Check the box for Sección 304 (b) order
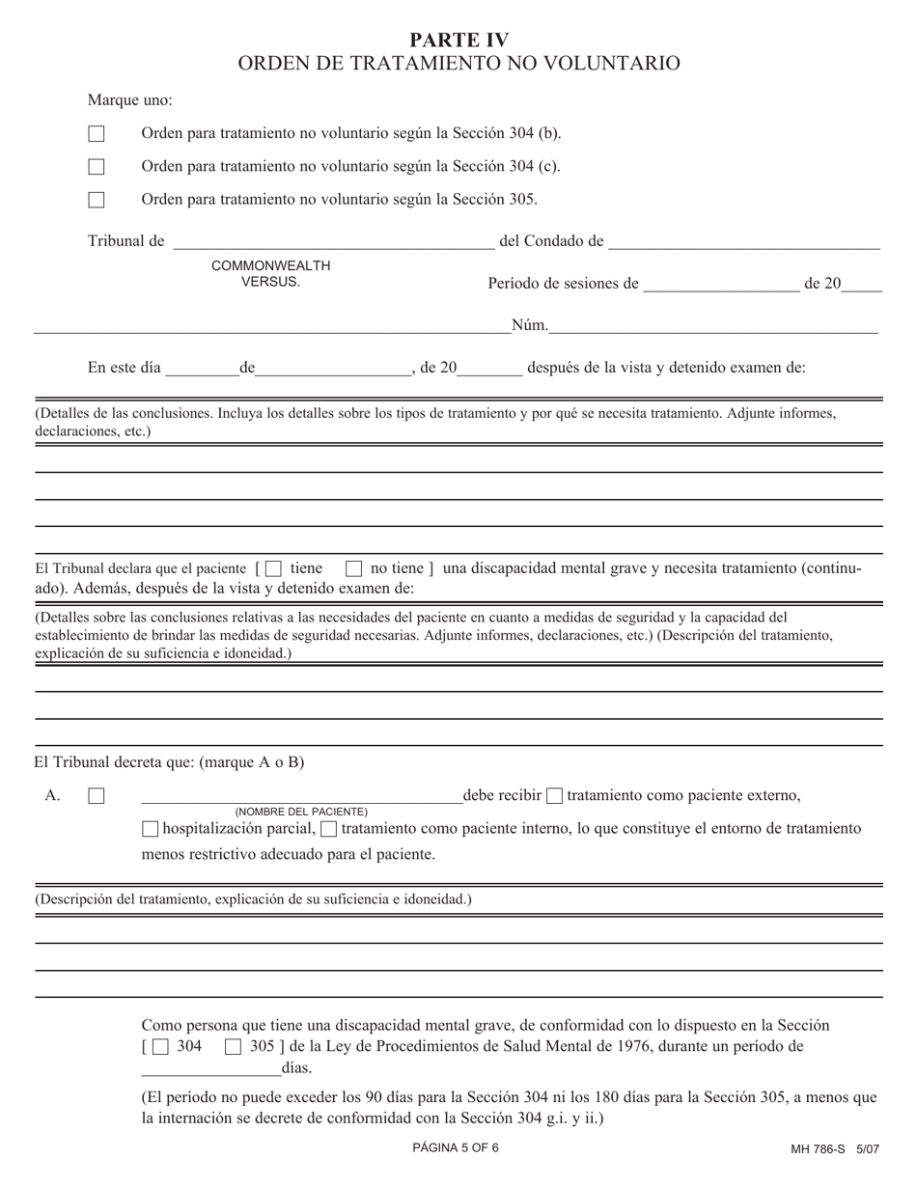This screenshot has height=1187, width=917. point(97,134)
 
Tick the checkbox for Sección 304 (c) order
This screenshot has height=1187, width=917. point(97,167)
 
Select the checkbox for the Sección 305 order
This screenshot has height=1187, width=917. point(97,200)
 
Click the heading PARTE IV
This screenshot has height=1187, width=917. point(458,40)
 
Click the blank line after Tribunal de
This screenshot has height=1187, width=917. point(333,241)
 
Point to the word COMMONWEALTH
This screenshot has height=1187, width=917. point(271,265)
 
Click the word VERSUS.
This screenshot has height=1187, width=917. point(271,282)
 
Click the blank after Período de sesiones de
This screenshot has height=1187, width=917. point(720,284)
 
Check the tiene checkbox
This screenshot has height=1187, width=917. point(273,569)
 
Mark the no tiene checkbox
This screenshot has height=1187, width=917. point(354,569)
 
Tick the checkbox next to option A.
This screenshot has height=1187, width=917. point(97,797)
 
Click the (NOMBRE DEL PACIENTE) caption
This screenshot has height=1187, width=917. point(301,812)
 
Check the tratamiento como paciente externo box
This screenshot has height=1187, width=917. point(554,796)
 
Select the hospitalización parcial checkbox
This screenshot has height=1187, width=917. point(150,829)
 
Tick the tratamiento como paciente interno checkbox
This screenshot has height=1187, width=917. point(328,829)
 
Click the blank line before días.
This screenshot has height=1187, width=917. point(210,1068)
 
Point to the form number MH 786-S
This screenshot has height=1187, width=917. point(817,1150)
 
